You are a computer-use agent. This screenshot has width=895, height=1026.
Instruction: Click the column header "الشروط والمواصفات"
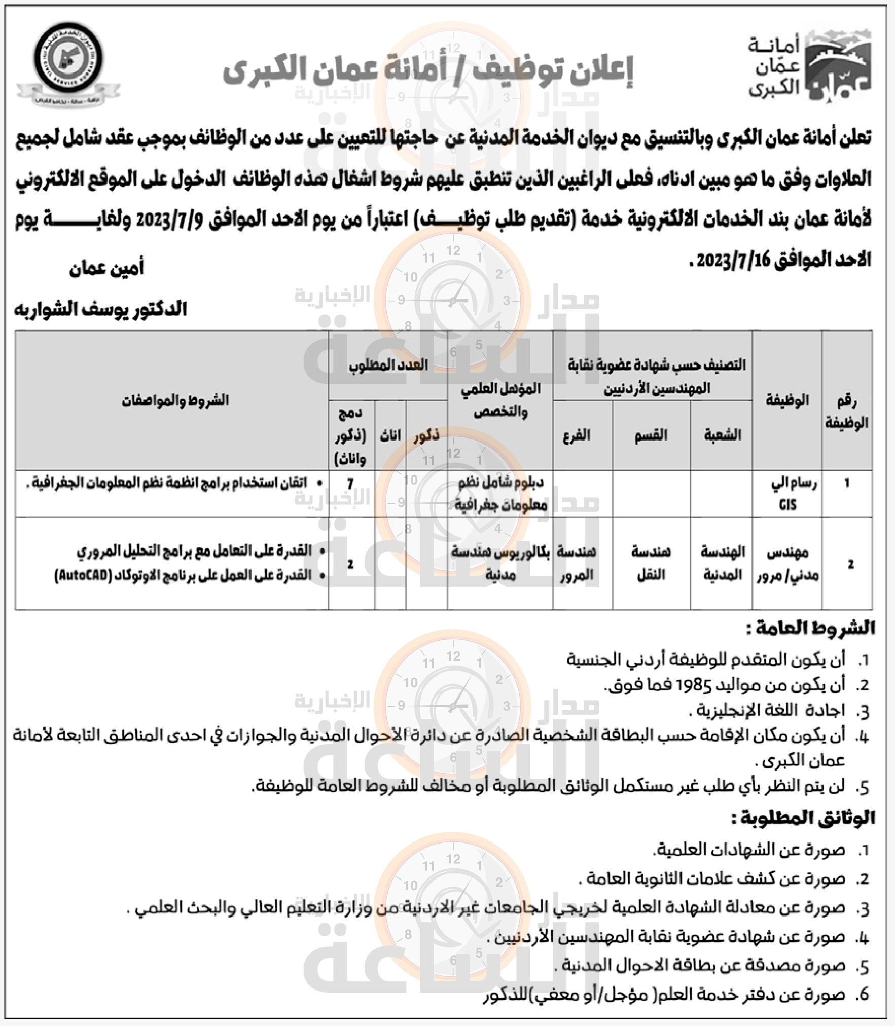click(175, 400)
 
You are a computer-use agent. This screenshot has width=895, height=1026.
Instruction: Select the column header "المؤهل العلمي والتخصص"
click(500, 400)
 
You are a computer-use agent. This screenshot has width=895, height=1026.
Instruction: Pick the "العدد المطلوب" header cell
click(387, 365)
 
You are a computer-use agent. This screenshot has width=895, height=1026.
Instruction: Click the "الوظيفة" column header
click(787, 400)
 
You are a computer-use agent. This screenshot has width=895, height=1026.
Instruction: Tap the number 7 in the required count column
click(350, 484)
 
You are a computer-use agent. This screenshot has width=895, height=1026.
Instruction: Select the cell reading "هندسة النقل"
click(651, 563)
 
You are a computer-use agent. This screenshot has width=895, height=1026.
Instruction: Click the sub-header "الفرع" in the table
click(577, 435)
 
